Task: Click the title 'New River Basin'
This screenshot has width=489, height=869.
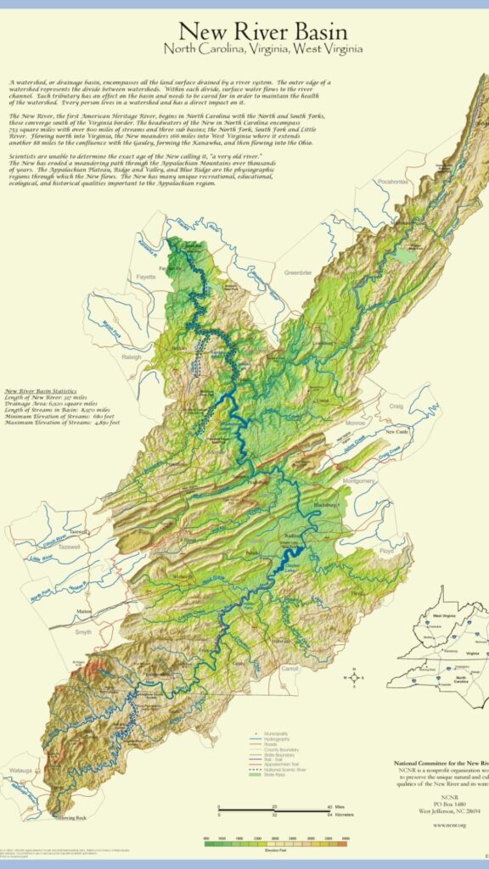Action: point(270,32)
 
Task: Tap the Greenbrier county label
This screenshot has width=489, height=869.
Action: point(298,272)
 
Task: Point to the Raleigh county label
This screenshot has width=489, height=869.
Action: point(110,357)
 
